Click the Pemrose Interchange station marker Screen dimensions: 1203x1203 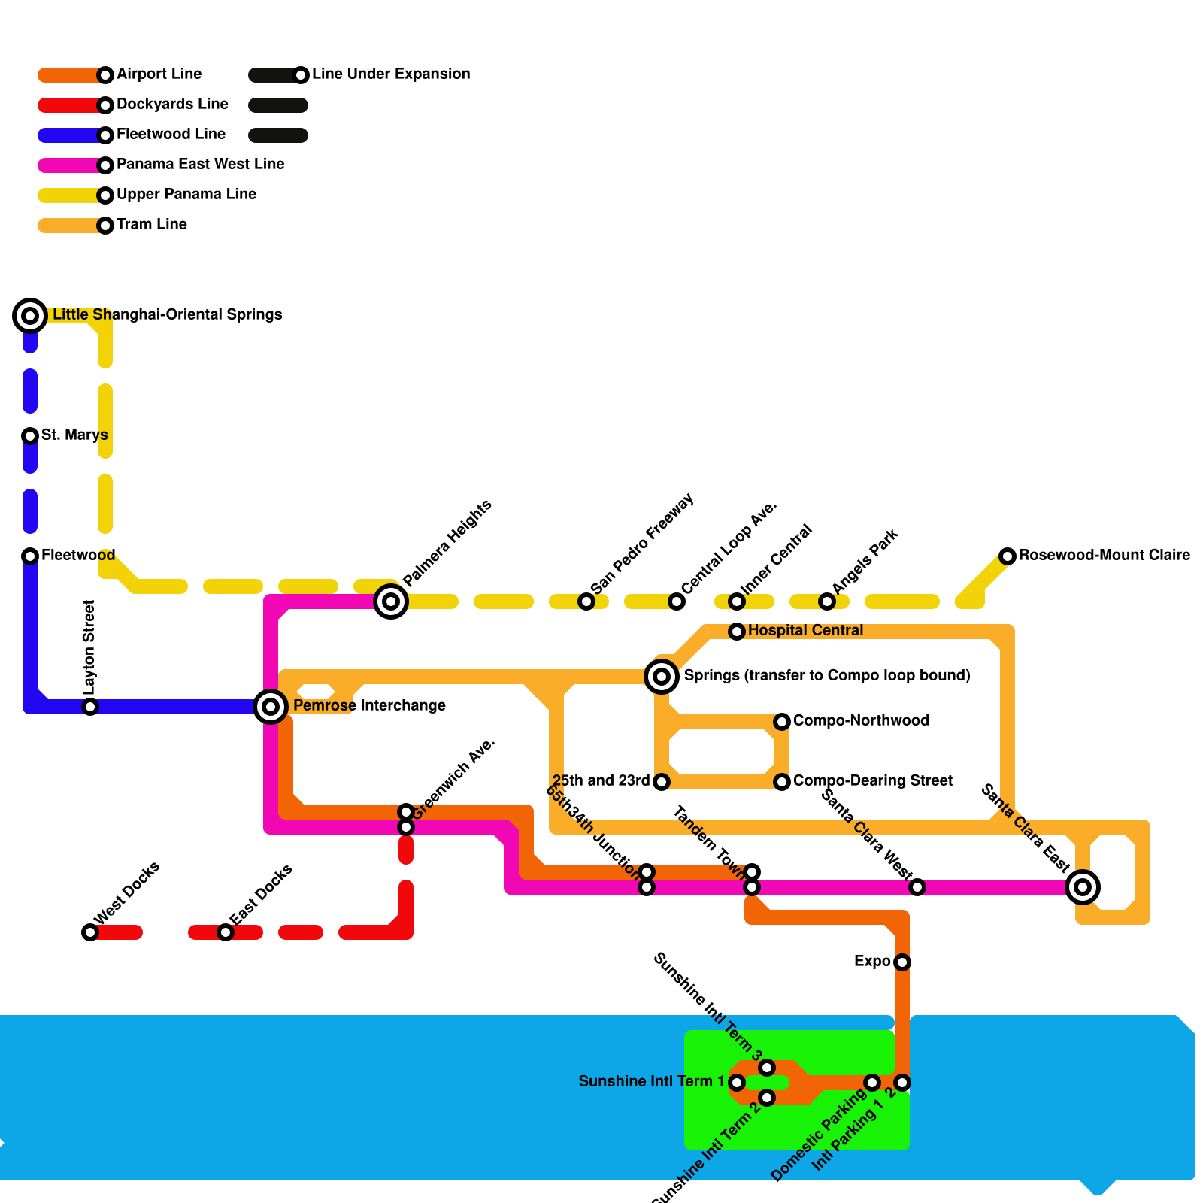point(271,707)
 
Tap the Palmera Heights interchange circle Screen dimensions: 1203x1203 point(391,601)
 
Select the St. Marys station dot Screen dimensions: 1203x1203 point(30,435)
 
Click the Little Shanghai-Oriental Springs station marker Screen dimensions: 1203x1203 point(30,316)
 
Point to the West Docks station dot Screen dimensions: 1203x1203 point(90,932)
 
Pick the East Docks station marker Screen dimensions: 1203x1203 point(226,932)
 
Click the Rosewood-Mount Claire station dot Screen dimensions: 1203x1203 point(1008,556)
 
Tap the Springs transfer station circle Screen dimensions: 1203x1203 point(662,677)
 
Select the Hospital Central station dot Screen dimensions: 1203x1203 point(737,632)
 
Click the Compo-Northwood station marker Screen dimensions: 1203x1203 point(782,722)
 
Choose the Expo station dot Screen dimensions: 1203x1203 point(902,962)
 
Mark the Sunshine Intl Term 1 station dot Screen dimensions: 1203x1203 point(737,1083)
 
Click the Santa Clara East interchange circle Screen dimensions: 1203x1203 point(1083,887)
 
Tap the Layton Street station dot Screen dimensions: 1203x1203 point(90,707)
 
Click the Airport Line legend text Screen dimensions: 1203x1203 point(159,74)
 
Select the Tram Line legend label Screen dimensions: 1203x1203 point(151,225)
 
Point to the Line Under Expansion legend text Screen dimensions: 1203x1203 point(390,74)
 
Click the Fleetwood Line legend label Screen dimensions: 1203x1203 point(171,135)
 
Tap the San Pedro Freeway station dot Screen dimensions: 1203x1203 point(586,601)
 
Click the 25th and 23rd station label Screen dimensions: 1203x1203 point(601,781)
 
